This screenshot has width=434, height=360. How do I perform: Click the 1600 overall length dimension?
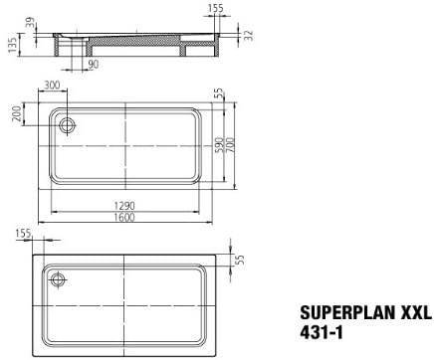point(124,217)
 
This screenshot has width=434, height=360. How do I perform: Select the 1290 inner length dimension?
point(124,206)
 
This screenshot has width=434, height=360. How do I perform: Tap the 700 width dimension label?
point(231,144)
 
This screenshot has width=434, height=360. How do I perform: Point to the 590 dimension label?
point(220,144)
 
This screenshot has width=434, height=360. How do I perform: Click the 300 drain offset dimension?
point(52,86)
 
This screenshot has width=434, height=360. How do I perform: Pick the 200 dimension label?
point(17,113)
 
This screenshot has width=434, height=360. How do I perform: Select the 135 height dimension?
point(12,45)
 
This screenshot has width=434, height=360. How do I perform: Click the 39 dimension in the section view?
point(30,24)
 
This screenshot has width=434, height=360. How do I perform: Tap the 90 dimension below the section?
point(94,65)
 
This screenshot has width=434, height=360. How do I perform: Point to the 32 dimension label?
point(249,35)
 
